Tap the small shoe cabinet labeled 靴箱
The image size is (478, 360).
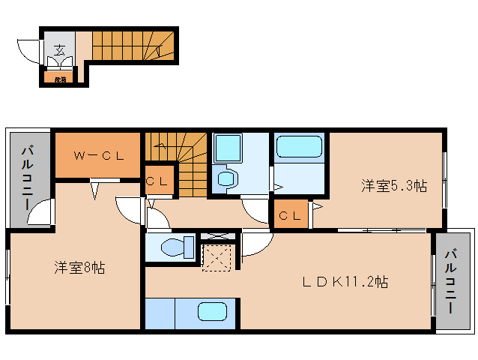tap(59, 78)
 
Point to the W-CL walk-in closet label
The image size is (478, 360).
tap(98, 156)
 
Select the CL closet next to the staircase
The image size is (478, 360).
tap(158, 181)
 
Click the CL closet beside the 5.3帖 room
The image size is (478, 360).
tap(290, 216)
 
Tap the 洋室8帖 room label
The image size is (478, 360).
tap(79, 267)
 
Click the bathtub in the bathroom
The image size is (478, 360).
tap(298, 146)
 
